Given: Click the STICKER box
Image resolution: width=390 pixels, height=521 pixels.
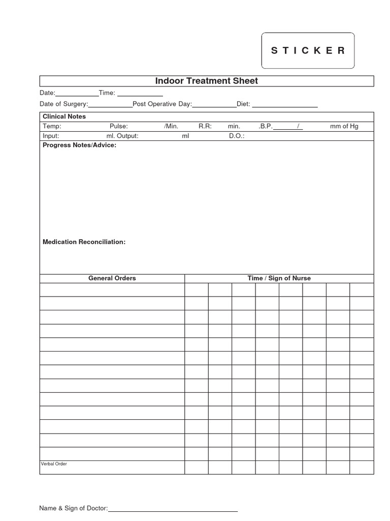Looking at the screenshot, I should tap(308, 50).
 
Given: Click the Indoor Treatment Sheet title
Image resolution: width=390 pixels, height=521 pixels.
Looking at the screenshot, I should tap(206, 81).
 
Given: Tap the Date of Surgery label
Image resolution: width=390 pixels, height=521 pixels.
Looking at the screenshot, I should tap(64, 104).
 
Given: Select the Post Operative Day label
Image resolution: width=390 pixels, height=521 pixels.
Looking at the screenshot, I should tap(162, 104).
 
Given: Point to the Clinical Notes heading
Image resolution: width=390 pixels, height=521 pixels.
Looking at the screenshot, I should tap(64, 117).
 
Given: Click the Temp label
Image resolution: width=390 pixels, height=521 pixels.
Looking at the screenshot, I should tap(52, 126).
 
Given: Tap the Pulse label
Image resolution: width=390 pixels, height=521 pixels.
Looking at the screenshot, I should tap(119, 126).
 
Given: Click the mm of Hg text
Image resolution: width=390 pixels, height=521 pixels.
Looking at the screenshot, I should tap(344, 126).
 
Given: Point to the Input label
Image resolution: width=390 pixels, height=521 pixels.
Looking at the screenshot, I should tap(51, 136).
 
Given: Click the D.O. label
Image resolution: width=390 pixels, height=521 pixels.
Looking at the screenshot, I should tap(237, 136).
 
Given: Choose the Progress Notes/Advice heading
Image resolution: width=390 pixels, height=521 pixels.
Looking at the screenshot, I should tap(79, 146).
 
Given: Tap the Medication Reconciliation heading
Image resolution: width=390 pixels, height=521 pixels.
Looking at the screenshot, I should tap(84, 242).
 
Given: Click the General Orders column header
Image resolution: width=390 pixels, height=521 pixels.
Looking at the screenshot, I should tap(112, 278).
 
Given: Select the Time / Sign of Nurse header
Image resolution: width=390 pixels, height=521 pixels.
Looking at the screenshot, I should tap(279, 278).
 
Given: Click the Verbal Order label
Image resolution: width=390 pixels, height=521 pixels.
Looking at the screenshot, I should tap(54, 464).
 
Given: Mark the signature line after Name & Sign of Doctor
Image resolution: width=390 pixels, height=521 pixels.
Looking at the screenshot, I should tap(173, 510).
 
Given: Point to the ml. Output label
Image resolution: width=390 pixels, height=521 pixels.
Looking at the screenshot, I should tap(122, 136).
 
